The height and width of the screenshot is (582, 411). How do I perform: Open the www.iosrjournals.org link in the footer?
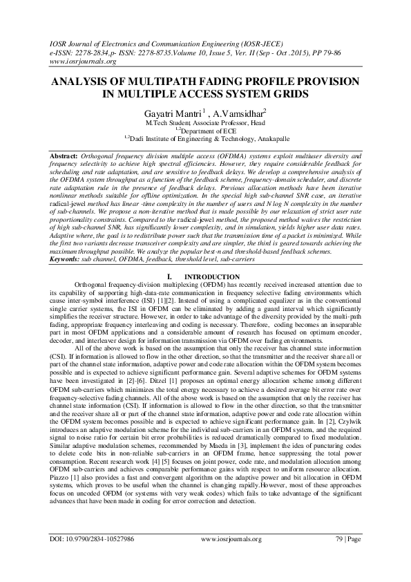pyautogui.click(x=231, y=557)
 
